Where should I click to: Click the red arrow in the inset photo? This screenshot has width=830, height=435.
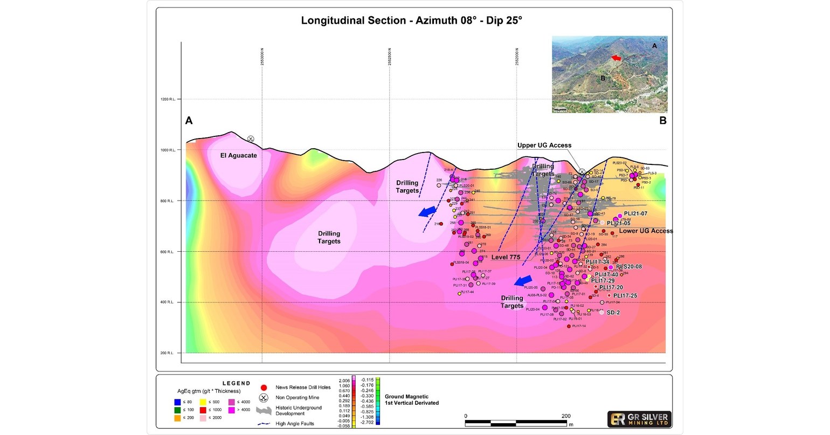point(615,57)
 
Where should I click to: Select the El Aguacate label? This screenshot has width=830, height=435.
point(239,155)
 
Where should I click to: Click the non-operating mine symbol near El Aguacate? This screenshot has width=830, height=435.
point(251,139)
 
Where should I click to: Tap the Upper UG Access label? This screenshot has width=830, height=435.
point(544,146)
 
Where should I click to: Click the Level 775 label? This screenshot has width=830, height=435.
point(506,258)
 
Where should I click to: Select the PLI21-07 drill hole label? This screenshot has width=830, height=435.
point(635,214)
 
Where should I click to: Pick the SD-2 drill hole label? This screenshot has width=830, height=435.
point(613,313)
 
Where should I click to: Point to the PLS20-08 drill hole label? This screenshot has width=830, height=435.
point(629,267)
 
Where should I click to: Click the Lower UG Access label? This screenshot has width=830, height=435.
point(646,231)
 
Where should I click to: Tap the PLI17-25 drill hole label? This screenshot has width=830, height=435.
point(625,295)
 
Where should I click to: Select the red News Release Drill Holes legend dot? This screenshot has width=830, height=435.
point(264,387)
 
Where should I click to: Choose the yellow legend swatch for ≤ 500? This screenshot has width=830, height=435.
point(203,401)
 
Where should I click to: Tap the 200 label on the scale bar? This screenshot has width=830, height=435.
point(566,416)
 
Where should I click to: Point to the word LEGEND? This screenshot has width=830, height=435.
point(237,383)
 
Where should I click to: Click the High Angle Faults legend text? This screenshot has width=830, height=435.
point(295,424)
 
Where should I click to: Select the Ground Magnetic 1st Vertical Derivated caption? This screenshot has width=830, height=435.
point(412,399)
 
